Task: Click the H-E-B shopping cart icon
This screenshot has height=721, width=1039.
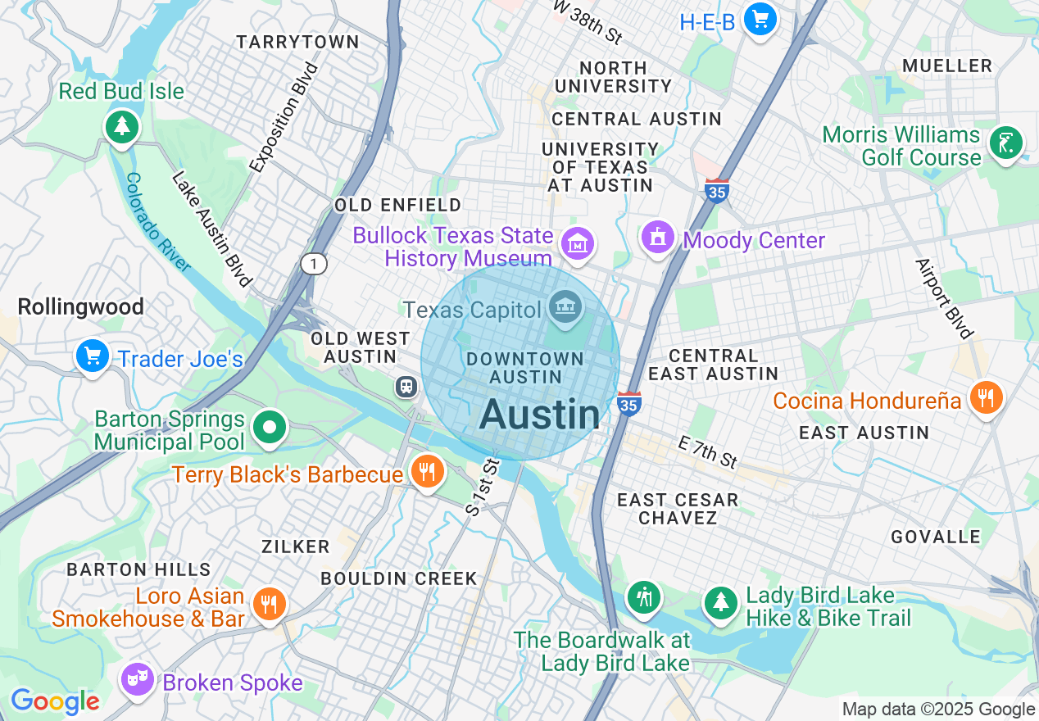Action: [x=760, y=18]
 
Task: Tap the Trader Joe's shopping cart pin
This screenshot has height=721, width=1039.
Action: [x=93, y=356]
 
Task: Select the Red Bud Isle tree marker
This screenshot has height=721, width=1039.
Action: [x=122, y=126]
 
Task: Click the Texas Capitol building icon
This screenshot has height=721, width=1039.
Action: [x=565, y=308]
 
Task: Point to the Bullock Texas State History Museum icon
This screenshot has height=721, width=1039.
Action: [x=578, y=243]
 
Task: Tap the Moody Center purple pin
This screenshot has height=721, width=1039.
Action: [x=657, y=238]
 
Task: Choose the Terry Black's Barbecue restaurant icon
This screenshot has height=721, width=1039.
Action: [x=427, y=472]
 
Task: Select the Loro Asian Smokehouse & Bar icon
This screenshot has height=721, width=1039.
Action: [x=269, y=605]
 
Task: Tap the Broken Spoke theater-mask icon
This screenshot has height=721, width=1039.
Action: [x=137, y=678]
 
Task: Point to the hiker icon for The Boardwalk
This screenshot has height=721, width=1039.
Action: [x=644, y=597]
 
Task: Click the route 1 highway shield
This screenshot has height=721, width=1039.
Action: [x=314, y=264]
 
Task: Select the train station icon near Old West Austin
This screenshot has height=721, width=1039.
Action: [x=406, y=387]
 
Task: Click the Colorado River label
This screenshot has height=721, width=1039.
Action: [x=158, y=221]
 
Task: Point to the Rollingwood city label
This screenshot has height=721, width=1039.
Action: [x=80, y=307]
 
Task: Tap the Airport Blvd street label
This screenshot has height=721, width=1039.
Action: [x=943, y=298]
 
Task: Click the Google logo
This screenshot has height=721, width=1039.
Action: [x=55, y=701]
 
